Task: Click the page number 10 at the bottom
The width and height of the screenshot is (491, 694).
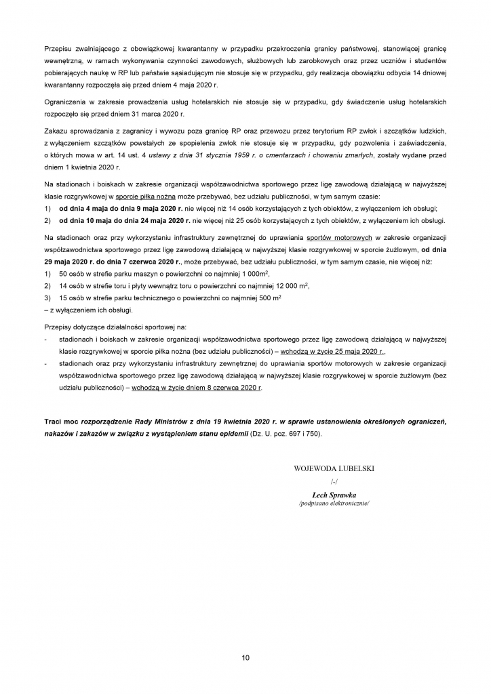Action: point(245,658)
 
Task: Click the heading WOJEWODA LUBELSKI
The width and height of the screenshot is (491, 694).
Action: point(334,468)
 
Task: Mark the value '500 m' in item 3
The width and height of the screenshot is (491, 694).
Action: point(267,298)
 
